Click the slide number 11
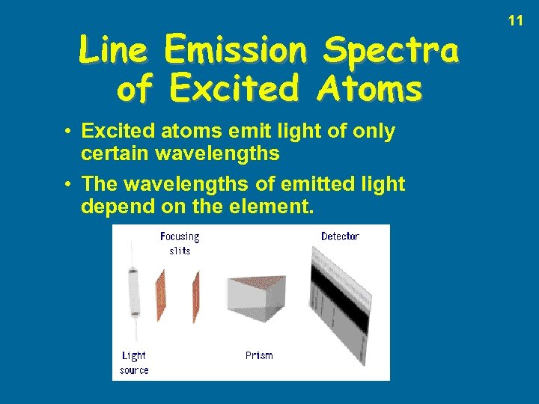pos(516,21)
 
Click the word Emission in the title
pos(234,51)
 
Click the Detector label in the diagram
pos(340,236)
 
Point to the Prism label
pos(259,355)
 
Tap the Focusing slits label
pos(180,243)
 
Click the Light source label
pos(134,363)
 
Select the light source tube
pos(135,292)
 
